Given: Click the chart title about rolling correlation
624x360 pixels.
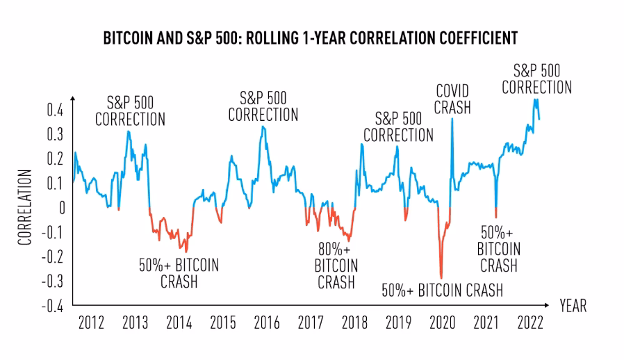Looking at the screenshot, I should (310, 38).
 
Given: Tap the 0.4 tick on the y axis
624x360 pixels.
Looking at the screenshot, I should (56, 110).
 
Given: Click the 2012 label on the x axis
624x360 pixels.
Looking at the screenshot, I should (91, 323).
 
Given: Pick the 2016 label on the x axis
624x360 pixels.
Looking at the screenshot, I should (266, 323).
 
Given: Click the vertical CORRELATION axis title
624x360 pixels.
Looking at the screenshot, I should (25, 206).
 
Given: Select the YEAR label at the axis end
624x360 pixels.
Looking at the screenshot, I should (573, 306).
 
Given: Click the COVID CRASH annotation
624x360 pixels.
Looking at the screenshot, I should (453, 99).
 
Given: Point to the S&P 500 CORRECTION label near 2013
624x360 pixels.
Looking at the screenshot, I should (130, 111).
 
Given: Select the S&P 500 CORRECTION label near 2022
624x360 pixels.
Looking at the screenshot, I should (536, 78).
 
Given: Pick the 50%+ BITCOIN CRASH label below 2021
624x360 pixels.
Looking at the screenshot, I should (499, 249).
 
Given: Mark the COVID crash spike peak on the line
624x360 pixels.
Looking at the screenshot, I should (452, 119).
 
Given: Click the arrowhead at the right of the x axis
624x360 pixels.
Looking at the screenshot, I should (551, 305).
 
